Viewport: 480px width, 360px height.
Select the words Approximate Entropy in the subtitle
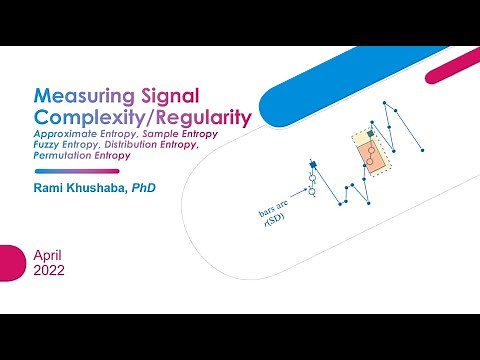[x=87, y=133]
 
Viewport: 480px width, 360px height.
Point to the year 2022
[x=50, y=271]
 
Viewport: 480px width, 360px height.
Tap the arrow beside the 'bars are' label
[x=296, y=197]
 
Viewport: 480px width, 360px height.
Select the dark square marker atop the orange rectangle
[x=370, y=133]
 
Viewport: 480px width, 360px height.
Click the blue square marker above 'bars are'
[x=312, y=163]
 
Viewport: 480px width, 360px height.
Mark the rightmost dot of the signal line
[x=424, y=150]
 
